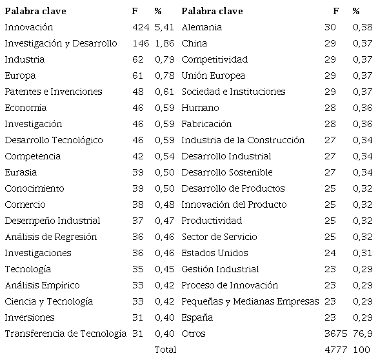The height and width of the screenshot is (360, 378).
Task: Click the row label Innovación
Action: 28,28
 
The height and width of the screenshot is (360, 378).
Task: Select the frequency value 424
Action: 139,28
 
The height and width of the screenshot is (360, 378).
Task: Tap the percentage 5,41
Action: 163,28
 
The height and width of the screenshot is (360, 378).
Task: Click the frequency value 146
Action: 139,44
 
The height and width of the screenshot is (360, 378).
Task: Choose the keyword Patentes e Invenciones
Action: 53,92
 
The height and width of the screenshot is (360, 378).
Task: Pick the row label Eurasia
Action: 21,173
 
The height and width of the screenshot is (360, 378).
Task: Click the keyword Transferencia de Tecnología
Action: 65,334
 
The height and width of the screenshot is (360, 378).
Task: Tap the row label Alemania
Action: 201,28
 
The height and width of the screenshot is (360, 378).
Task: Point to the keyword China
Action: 194,44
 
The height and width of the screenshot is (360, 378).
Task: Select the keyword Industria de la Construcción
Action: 243,141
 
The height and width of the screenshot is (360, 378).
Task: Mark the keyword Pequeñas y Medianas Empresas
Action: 250,301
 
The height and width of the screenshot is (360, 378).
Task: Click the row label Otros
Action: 194,334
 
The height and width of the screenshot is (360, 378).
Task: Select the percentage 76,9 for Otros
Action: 363,334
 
